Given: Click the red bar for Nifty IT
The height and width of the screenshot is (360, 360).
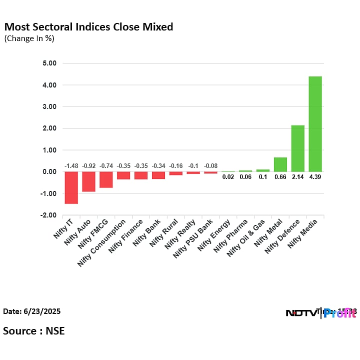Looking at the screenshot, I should click(x=71, y=187).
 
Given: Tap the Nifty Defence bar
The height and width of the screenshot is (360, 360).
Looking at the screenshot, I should click(x=297, y=148).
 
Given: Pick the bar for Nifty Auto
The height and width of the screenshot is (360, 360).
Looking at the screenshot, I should click(x=88, y=181).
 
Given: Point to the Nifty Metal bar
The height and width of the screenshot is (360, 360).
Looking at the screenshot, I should click(x=280, y=164).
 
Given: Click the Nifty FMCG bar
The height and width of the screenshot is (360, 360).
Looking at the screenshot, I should click(x=106, y=179).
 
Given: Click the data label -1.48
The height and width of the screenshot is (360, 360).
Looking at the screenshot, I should click(x=71, y=166).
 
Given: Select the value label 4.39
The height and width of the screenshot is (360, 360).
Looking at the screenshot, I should click(x=315, y=177).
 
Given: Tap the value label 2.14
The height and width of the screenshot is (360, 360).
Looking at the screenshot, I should click(x=297, y=177).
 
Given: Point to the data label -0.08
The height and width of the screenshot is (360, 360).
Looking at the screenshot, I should click(x=210, y=166).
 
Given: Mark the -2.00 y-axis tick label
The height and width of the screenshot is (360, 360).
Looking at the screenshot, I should click(x=49, y=215).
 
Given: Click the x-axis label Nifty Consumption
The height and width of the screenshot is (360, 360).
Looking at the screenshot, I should click(x=102, y=242).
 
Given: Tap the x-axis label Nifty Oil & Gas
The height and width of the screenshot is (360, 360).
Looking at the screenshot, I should click(x=245, y=238).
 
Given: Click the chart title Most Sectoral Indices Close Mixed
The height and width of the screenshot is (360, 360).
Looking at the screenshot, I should click(x=88, y=27).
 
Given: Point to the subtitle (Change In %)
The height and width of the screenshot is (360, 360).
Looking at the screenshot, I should click(x=29, y=38).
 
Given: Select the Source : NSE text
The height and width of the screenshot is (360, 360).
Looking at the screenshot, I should click(x=34, y=330).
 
